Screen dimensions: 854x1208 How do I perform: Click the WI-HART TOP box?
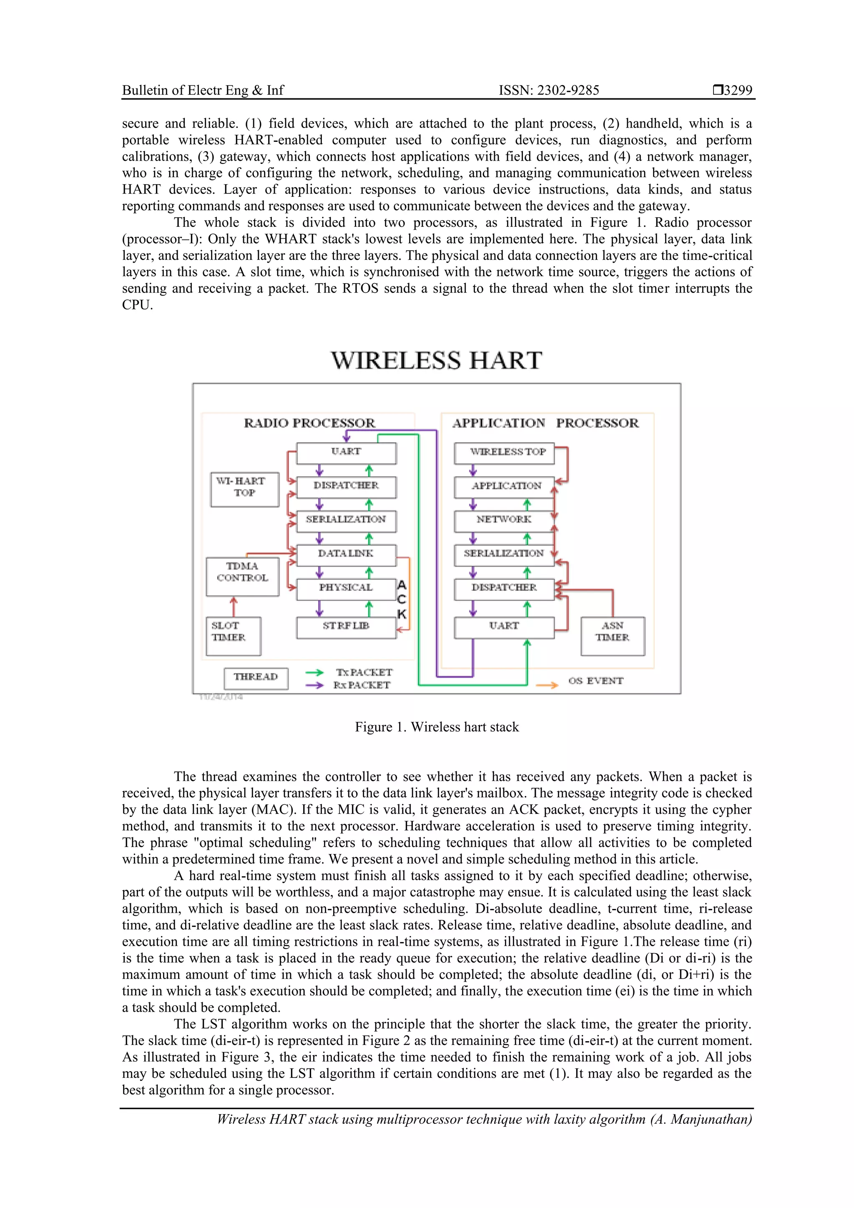point(245,489)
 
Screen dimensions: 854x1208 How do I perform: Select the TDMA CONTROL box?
point(243,577)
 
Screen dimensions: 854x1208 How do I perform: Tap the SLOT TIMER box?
point(233,635)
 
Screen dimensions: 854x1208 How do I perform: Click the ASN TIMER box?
point(613,635)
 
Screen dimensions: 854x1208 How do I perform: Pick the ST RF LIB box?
point(346,627)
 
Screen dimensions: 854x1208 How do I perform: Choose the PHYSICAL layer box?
point(346,589)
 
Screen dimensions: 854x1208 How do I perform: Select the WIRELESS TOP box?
point(504,453)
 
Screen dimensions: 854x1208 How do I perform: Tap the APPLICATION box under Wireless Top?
point(504,487)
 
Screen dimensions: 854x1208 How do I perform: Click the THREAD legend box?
point(256,678)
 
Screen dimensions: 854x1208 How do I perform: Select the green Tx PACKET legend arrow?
point(315,673)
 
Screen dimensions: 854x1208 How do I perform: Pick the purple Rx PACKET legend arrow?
point(315,685)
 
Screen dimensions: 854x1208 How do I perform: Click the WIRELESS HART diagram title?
point(436,361)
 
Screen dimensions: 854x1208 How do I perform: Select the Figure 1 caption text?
point(437,727)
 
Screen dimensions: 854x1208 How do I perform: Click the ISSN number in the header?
point(549,90)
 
